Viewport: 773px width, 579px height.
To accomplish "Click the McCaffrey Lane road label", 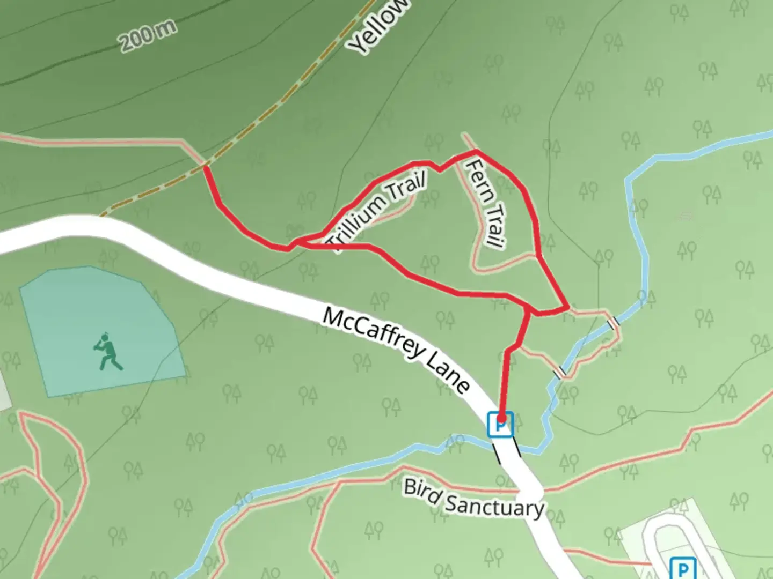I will pyautogui.click(x=396, y=349).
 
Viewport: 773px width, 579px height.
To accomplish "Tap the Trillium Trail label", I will pyautogui.click(x=378, y=211).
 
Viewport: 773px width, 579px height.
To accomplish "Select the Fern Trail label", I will pyautogui.click(x=486, y=203).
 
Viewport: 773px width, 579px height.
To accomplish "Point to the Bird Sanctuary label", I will pyautogui.click(x=473, y=498).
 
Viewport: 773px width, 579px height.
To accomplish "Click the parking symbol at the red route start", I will pyautogui.click(x=500, y=425).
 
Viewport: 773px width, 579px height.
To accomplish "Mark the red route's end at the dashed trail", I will pyautogui.click(x=206, y=168).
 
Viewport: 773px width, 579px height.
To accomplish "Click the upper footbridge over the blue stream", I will pyautogui.click(x=613, y=322).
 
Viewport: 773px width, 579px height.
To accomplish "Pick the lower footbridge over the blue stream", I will pyautogui.click(x=559, y=372).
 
